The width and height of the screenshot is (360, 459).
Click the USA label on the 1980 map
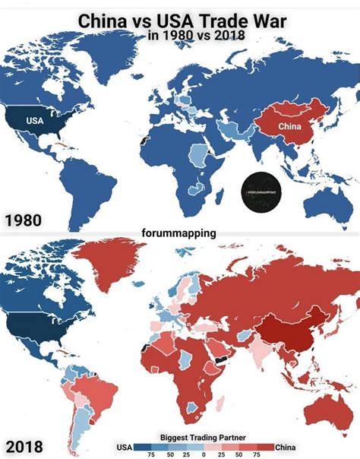34,120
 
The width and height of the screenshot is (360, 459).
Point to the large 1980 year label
24,221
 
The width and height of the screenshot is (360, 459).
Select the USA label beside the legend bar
125,446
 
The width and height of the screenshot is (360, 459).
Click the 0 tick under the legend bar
204,454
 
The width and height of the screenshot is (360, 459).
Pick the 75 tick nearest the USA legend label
150,454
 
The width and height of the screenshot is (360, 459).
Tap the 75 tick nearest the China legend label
256,454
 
